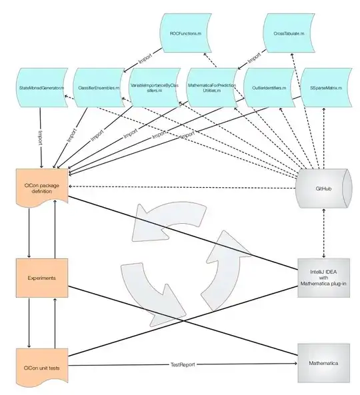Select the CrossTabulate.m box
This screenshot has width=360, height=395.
(x=288, y=33)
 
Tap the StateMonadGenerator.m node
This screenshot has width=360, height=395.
(x=42, y=87)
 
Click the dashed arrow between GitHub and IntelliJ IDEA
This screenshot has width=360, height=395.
(x=323, y=233)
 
